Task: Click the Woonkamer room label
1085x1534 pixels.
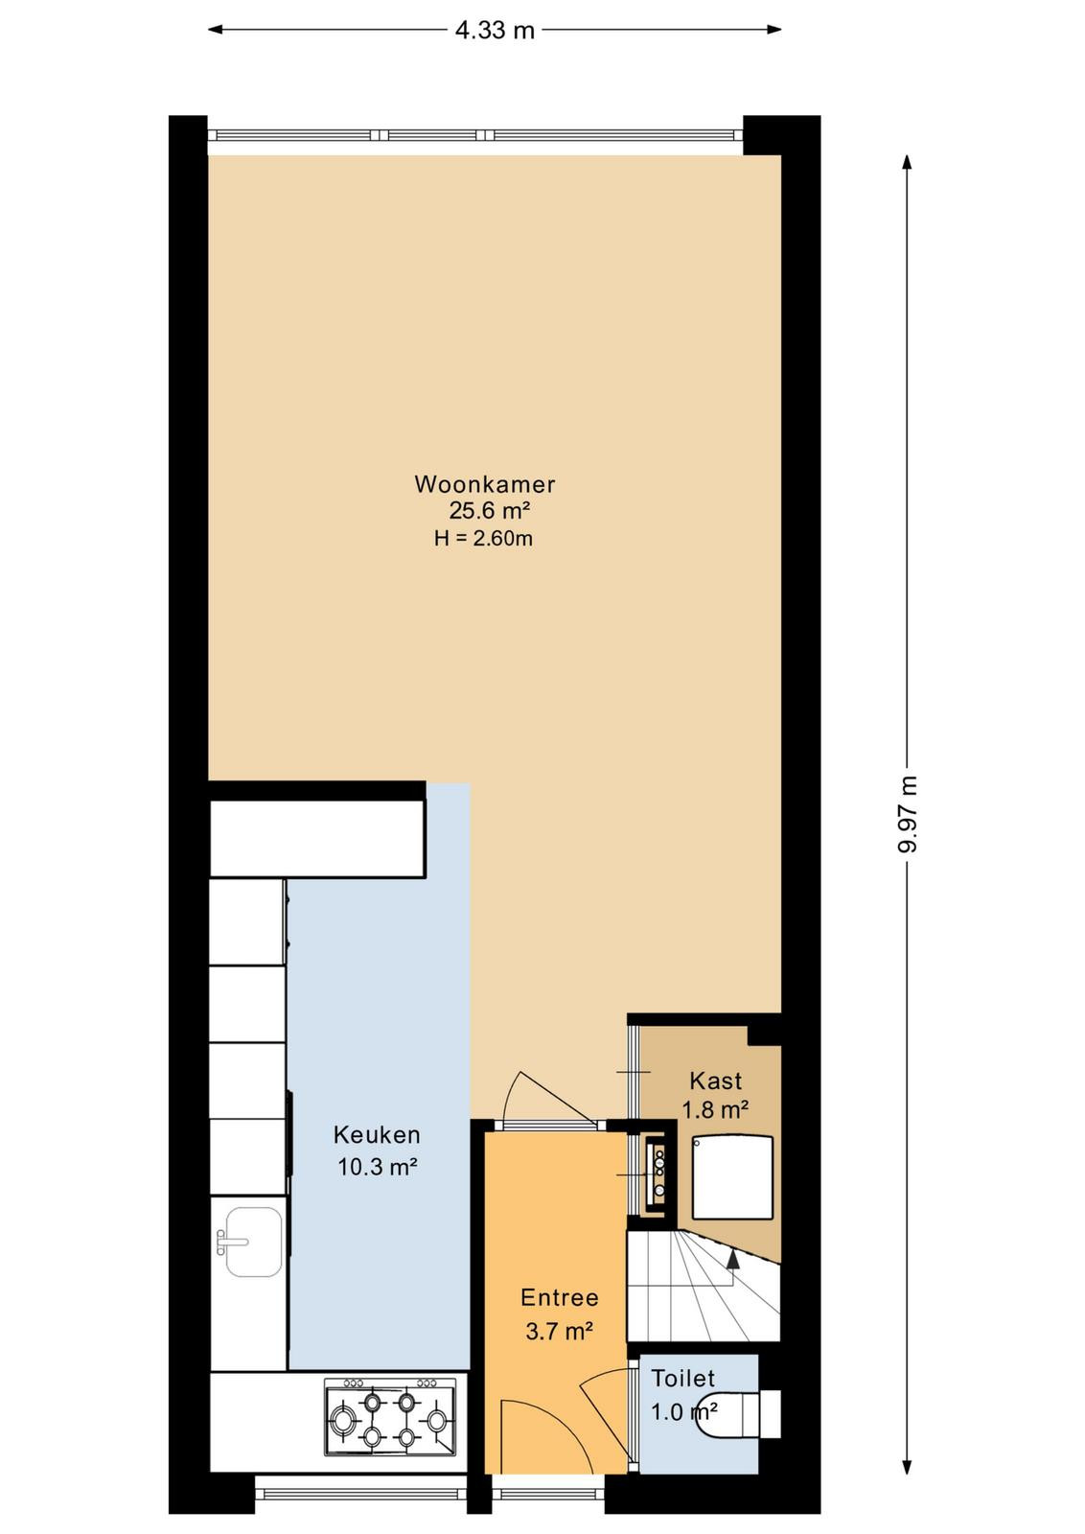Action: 485,484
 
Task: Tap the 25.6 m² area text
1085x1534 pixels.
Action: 490,511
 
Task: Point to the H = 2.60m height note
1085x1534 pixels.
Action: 483,538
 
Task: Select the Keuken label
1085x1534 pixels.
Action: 377,1135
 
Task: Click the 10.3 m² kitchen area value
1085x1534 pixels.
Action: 378,1166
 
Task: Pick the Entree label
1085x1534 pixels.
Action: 559,1298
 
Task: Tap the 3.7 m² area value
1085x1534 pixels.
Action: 559,1331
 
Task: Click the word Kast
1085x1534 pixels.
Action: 715,1081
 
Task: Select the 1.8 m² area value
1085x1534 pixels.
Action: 715,1109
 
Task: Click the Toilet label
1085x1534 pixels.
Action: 682,1378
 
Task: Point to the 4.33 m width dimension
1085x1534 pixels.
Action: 495,30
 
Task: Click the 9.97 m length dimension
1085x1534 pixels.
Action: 907,815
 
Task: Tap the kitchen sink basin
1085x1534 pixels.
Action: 253,1243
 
